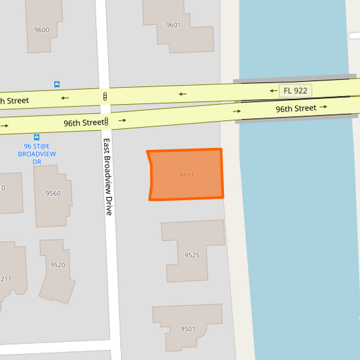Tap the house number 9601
(x=173, y=25)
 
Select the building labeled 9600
(x=42, y=30)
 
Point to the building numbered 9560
(x=53, y=193)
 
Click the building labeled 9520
(x=57, y=265)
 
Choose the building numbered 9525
(x=192, y=255)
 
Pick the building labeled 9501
(x=188, y=329)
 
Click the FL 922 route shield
(x=296, y=90)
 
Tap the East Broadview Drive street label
(x=107, y=177)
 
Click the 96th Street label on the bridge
(x=296, y=108)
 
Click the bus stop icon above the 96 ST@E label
(x=36, y=137)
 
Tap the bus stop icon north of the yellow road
(x=57, y=84)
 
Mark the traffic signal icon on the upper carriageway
(x=105, y=97)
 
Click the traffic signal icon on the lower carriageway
(x=106, y=122)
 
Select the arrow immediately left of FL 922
(x=273, y=90)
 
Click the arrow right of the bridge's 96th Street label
(x=324, y=107)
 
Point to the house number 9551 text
(x=187, y=175)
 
